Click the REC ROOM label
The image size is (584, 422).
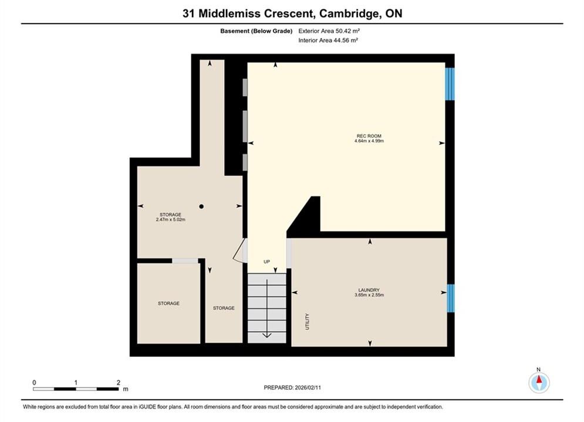point(369,136)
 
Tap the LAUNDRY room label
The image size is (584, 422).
point(369,290)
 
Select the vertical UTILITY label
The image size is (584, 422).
point(308,322)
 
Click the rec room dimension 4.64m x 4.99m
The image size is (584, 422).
point(369,141)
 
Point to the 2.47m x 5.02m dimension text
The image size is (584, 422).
point(171,219)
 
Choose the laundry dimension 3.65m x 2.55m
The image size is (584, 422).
point(369,295)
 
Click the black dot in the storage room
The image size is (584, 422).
point(201,206)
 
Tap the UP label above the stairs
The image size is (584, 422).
point(266,262)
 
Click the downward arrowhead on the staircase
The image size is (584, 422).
point(267,335)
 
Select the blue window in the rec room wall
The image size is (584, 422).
point(450,84)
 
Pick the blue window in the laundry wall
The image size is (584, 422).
point(450,298)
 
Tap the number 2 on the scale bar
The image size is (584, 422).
point(119,383)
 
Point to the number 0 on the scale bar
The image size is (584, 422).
point(34,383)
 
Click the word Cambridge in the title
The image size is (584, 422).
point(348,13)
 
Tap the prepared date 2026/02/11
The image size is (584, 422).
point(308,387)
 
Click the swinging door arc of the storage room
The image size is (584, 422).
point(238,251)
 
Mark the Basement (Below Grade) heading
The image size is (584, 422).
point(256,31)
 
